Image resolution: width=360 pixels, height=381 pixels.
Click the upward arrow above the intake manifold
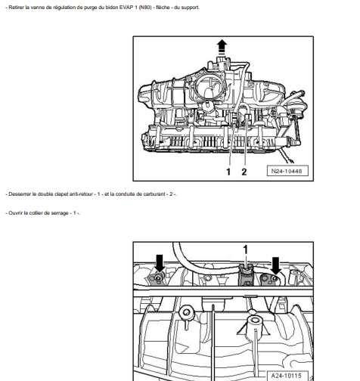[x=222, y=47]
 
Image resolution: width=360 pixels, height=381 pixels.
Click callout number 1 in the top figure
[x=228, y=172]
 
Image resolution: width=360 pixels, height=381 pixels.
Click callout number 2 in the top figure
[x=244, y=172]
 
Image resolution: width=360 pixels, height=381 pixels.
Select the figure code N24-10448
[x=285, y=171]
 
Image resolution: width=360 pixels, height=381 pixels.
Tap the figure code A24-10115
[x=285, y=374]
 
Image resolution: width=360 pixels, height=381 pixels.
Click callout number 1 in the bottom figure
[x=244, y=249]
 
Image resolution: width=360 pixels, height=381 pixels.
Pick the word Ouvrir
[x=16, y=213]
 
